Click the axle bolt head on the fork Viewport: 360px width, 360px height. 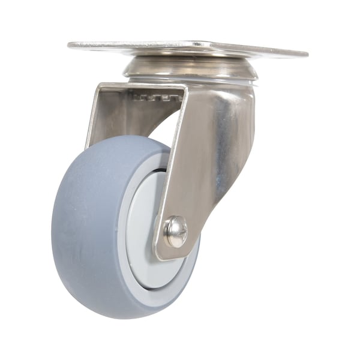point(175,231)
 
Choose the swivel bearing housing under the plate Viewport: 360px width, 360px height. point(191,67)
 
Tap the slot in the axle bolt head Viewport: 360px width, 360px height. point(175,231)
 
